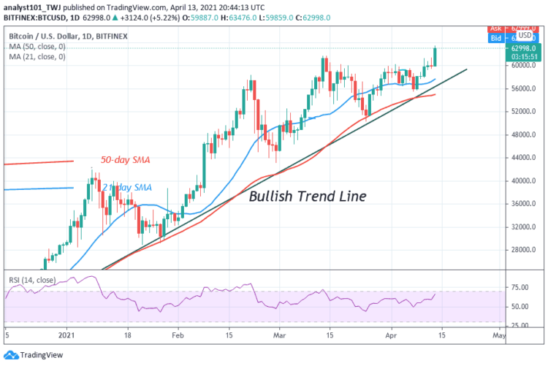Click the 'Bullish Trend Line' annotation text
(307, 197)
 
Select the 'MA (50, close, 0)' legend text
(38, 46)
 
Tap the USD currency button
(524, 34)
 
